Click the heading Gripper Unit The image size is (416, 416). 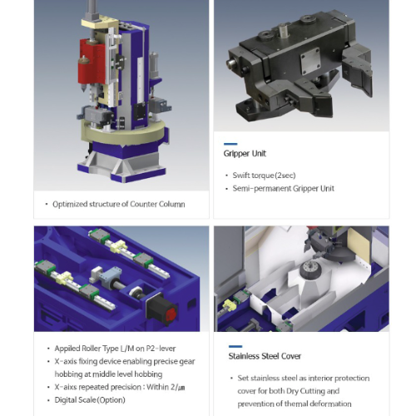pyautogui.click(x=245, y=153)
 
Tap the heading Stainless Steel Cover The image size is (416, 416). pyautogui.click(x=265, y=356)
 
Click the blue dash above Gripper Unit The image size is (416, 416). pyautogui.click(x=230, y=144)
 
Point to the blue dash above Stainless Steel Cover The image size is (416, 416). pyautogui.click(x=235, y=346)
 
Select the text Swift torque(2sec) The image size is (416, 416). pyautogui.click(x=264, y=176)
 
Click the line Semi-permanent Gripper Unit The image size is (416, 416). pyautogui.click(x=284, y=189)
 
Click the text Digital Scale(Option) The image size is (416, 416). pyautogui.click(x=90, y=400)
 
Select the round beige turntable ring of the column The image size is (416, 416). pyautogui.click(x=125, y=133)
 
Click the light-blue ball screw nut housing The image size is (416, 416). pyautogui.click(x=111, y=275)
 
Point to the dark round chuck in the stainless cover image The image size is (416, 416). pyautogui.click(x=310, y=269)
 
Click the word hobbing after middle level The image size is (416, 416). pyautogui.click(x=148, y=374)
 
